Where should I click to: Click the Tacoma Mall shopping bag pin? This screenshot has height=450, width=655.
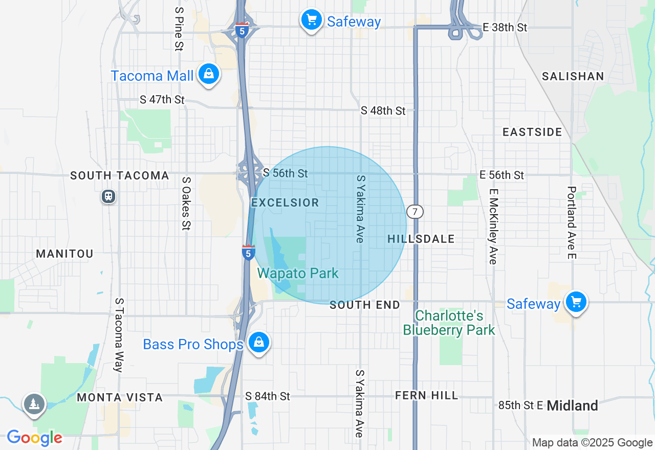[209, 74]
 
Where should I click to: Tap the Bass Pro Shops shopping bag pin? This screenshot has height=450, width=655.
[259, 342]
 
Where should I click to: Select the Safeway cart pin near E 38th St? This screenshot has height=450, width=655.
[311, 20]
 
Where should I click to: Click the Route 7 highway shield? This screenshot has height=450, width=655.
[415, 211]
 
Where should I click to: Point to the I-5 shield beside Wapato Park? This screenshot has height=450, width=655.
[248, 252]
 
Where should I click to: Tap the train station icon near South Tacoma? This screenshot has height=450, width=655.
[108, 196]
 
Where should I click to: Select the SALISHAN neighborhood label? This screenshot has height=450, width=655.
[573, 76]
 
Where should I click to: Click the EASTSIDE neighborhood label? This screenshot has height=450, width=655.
[532, 132]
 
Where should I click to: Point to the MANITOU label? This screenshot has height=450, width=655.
[64, 254]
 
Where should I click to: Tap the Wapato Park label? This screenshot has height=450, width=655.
[298, 273]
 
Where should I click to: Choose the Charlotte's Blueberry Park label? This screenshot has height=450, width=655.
[449, 323]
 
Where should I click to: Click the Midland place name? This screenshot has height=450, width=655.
[572, 406]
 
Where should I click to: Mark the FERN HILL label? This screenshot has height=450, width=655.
[427, 395]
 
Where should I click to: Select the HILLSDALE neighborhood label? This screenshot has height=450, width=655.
[421, 239]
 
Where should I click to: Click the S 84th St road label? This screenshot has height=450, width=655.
[268, 396]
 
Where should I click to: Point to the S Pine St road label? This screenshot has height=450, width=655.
[179, 29]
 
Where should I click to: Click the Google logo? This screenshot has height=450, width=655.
[35, 438]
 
